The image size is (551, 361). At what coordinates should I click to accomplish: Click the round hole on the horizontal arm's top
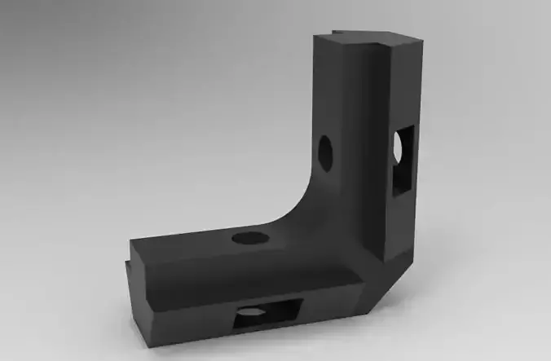pyautogui.click(x=251, y=238)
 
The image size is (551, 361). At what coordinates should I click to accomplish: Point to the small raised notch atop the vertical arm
pyautogui.click(x=359, y=35)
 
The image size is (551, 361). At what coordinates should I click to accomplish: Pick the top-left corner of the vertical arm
pyautogui.click(x=313, y=34)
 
